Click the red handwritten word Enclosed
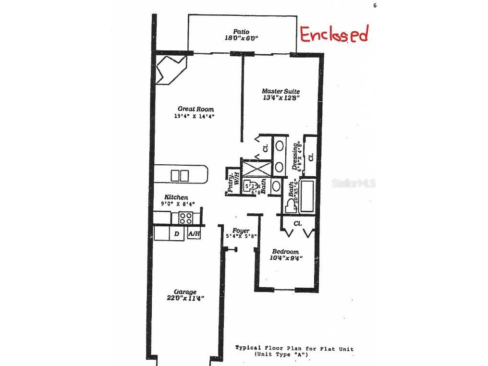[334, 35]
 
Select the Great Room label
[195, 109]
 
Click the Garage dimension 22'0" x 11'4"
[185, 298]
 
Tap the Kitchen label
[176, 197]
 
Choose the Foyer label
[241, 231]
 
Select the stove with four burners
[186, 218]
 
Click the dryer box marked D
[177, 234]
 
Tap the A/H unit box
[194, 234]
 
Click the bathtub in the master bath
[306, 195]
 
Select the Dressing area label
[295, 156]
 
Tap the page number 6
[374, 6]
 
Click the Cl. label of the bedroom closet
[297, 223]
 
